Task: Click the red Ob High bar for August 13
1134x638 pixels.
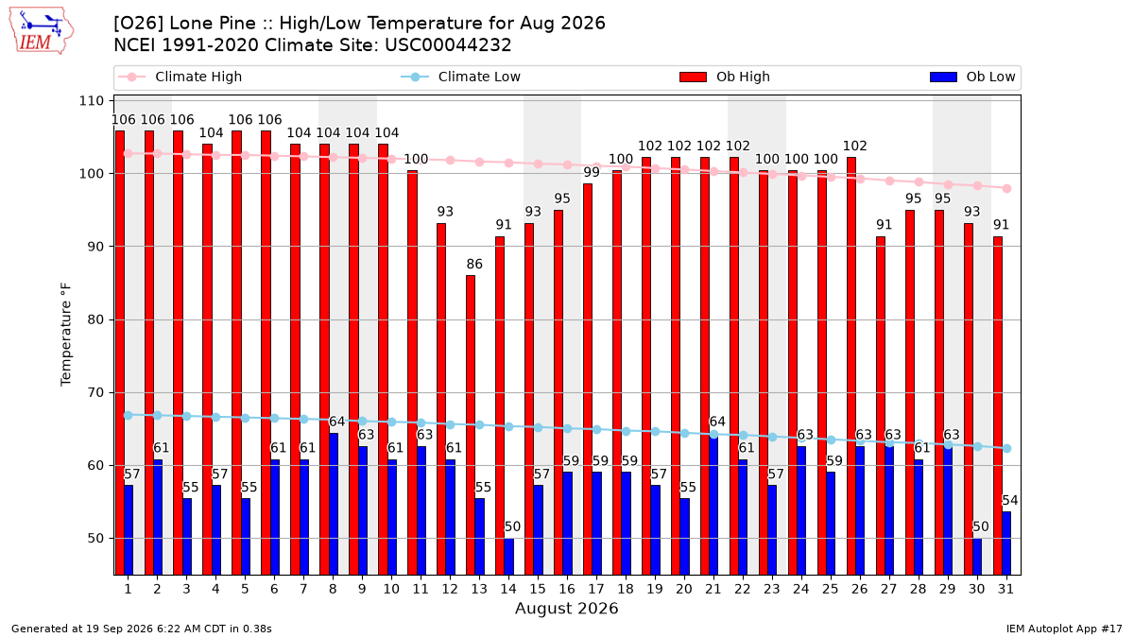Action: [x=471, y=425]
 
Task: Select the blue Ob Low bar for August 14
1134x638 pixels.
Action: [x=508, y=557]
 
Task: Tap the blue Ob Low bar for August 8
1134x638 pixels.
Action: [x=333, y=505]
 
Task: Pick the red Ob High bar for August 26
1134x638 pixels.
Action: [x=851, y=366]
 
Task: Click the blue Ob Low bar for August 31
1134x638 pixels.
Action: [x=1006, y=543]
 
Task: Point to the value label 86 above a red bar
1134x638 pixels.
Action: [x=474, y=264]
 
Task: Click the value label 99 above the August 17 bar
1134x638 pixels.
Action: [x=592, y=172]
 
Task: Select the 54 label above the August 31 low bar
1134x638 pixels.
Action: [x=1009, y=500]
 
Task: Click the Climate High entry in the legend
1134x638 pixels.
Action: [x=180, y=77]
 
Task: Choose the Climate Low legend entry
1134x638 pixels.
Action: [x=461, y=77]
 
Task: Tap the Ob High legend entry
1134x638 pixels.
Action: [x=725, y=77]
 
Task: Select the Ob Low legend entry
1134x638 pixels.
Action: [x=972, y=77]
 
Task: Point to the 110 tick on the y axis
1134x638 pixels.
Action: [x=91, y=101]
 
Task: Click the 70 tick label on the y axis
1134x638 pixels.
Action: [x=95, y=392]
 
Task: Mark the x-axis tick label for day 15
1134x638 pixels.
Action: [x=538, y=589]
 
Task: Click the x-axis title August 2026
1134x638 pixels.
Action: [x=566, y=608]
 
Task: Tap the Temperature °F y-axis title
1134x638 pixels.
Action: [x=66, y=335]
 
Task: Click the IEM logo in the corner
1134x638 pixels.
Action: [x=42, y=31]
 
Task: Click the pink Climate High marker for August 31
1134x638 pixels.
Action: [x=1006, y=188]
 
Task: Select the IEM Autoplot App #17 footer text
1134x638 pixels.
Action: [x=1064, y=629]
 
